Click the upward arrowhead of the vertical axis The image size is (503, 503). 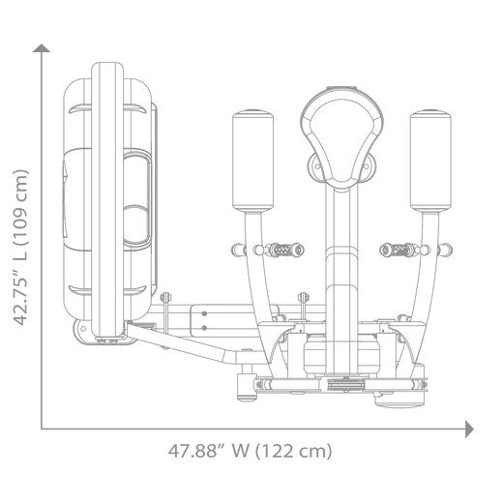pyautogui.click(x=42, y=48)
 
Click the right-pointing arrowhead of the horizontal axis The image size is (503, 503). pyautogui.click(x=469, y=429)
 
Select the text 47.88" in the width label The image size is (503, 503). pyautogui.click(x=192, y=451)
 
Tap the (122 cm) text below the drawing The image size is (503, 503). pyautogui.click(x=293, y=451)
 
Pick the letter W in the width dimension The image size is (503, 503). pyautogui.click(x=240, y=451)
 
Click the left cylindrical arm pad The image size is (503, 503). pyautogui.click(x=252, y=161)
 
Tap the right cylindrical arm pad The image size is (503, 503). pyautogui.click(x=430, y=161)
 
